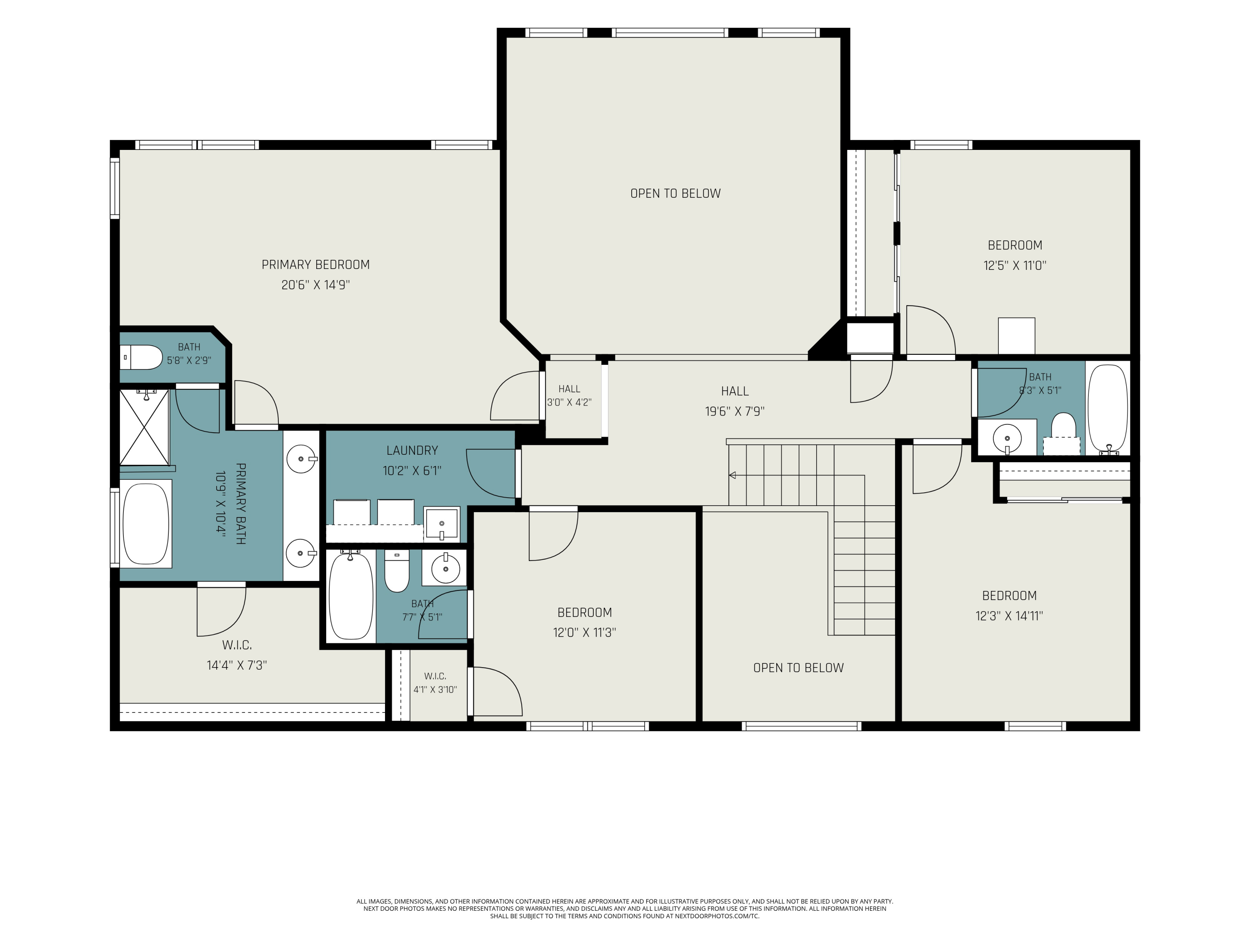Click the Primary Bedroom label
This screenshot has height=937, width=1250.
315,264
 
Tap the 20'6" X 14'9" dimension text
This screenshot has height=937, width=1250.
315,285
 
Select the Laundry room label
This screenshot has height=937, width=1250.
412,450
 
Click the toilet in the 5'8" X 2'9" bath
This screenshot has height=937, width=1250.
142,357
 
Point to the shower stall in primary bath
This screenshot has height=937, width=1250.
144,426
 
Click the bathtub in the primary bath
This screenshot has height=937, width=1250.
146,523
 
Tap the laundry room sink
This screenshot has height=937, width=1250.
441,525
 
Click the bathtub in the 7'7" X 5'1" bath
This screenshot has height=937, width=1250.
351,596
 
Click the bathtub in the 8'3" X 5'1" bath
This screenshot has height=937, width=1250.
1107,409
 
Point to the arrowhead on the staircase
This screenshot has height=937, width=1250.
732,475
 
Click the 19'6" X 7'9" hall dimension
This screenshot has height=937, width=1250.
735,411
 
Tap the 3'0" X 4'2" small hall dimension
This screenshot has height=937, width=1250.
569,402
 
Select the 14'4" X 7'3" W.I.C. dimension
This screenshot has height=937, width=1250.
237,665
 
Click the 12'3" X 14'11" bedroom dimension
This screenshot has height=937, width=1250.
1009,616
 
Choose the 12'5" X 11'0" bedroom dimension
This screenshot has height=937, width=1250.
1015,265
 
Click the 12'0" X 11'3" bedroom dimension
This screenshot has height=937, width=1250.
584,632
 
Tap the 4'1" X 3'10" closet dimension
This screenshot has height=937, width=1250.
435,689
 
